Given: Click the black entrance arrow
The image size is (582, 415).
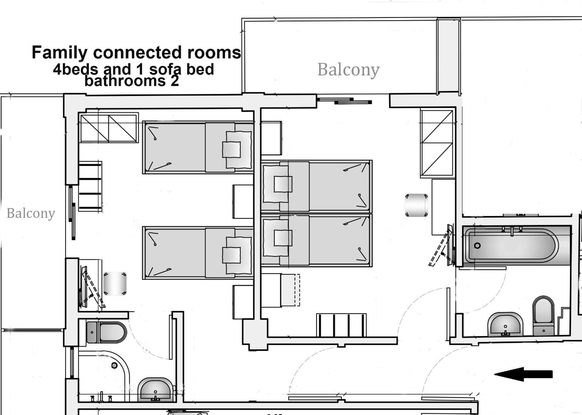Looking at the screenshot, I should [x=523, y=374].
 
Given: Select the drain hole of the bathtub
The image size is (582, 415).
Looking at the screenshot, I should [x=477, y=246].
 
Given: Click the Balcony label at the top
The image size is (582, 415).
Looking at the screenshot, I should [x=348, y=70].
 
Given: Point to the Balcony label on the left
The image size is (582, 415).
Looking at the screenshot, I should [x=31, y=213].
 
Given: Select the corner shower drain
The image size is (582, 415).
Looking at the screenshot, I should [x=114, y=366].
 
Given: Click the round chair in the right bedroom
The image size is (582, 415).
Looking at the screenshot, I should [x=416, y=205].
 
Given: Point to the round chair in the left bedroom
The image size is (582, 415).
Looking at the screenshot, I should [x=115, y=284].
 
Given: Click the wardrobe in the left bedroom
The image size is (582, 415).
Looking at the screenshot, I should [x=109, y=128].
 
